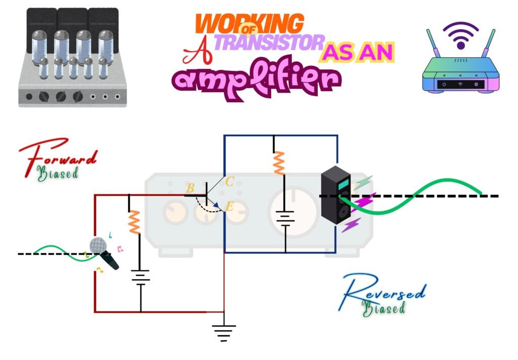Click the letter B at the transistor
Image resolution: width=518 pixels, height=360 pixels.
point(190,189)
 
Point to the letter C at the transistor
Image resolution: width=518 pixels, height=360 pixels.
point(229,181)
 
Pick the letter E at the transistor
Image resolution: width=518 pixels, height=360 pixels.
point(229,206)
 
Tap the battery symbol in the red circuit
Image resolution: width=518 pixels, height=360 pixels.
point(140,277)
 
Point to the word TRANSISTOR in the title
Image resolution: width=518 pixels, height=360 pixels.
point(268,44)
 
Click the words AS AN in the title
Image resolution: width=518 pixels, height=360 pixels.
point(358,52)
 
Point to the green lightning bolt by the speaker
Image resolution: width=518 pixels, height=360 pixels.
point(363,183)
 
